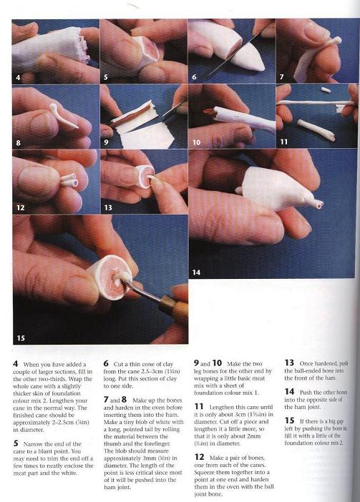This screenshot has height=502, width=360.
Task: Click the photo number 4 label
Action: [18, 77]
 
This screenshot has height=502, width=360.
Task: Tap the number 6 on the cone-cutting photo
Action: [194, 77]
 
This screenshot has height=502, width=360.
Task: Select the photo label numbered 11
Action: [284, 142]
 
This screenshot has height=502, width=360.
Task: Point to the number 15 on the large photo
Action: [21, 338]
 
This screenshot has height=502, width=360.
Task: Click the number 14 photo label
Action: [196, 272]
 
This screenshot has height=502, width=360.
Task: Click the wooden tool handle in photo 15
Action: [175, 306]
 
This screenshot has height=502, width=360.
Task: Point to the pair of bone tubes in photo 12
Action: [69, 179]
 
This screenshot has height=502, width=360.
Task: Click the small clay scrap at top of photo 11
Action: [326, 89]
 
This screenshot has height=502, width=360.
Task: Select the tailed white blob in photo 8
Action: [63, 116]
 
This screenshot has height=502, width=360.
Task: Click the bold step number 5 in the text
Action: [16, 443]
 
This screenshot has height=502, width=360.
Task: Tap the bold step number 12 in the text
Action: [199, 457]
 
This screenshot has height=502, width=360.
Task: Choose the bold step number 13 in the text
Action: [289, 363]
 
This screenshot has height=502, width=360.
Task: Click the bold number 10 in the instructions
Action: [217, 363]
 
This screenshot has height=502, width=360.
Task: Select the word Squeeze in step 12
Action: [205, 472]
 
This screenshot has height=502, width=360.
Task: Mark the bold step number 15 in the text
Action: [290, 420]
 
